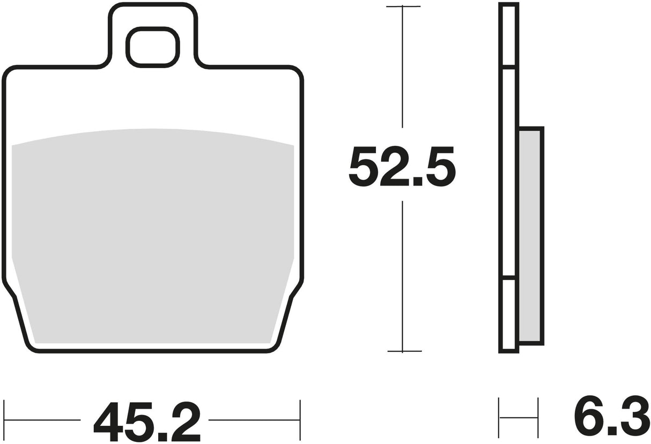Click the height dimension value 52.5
point(402,166)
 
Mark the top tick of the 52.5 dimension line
point(403,6)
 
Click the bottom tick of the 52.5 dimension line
point(404,351)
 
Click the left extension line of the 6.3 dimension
point(499,416)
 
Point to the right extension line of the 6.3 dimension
point(538,416)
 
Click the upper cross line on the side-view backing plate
point(508,67)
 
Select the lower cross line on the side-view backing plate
point(508,278)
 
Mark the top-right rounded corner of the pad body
point(298,71)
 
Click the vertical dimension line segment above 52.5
point(403,70)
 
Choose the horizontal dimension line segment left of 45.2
point(43,420)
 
